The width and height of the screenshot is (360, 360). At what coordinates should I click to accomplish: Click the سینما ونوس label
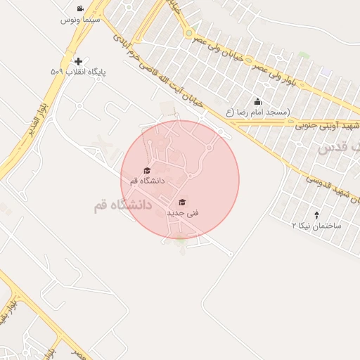82,20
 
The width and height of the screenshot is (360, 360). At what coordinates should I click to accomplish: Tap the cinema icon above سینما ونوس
82,10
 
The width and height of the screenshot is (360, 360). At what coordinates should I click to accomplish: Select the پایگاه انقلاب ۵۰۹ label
77,72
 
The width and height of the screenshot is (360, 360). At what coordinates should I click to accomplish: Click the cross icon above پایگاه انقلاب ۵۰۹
77,62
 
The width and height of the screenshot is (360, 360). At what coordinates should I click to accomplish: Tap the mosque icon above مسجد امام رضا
257,102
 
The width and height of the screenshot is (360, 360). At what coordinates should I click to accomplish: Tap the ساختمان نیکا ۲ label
316,226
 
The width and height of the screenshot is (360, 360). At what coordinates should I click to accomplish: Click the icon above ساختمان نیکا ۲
316,215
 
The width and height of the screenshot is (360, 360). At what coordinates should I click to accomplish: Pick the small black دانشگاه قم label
147,181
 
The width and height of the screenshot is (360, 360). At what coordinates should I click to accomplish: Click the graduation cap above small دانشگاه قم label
147,170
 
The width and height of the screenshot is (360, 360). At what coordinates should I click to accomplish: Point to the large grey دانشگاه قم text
122,205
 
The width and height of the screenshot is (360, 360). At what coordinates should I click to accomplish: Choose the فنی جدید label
183,212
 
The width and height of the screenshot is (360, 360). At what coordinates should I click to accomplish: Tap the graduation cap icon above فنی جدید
183,202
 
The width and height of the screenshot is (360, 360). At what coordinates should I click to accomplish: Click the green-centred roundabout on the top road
188,32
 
